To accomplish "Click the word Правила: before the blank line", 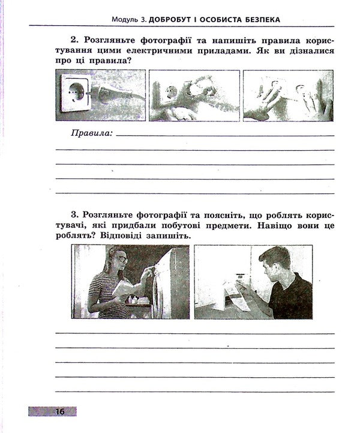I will pyautogui.click(x=92, y=133).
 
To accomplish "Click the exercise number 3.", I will pyautogui.click(x=73, y=214).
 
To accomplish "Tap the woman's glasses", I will pyautogui.click(x=120, y=259).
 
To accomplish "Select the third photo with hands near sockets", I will pyautogui.click(x=288, y=95).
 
